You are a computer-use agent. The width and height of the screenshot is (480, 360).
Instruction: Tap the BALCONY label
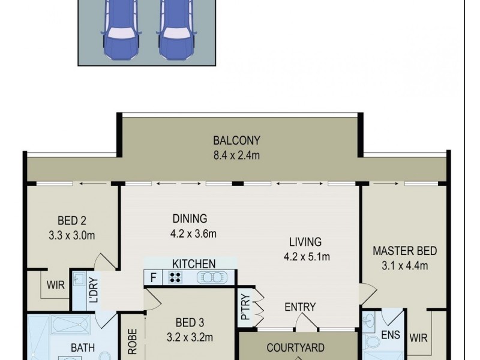pos(236,141)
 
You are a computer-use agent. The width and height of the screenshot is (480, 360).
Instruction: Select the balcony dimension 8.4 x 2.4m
pos(236,155)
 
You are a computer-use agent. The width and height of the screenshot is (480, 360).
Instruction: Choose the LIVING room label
pos(305,242)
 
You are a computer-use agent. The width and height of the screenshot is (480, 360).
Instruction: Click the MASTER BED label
pos(404,251)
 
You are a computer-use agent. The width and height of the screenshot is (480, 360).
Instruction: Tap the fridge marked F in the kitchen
pos(152,277)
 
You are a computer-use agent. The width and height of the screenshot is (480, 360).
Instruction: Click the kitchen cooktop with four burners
pos(176,277)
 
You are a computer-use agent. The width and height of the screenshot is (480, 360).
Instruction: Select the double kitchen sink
pos(209,277)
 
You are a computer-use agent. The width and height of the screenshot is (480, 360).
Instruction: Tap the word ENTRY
pos(299,307)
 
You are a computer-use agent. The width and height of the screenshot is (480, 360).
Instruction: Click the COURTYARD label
pos(295,347)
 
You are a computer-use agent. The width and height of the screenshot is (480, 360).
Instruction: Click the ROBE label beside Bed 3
pos(133,343)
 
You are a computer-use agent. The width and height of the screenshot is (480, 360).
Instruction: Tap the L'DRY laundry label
pos(93,289)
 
